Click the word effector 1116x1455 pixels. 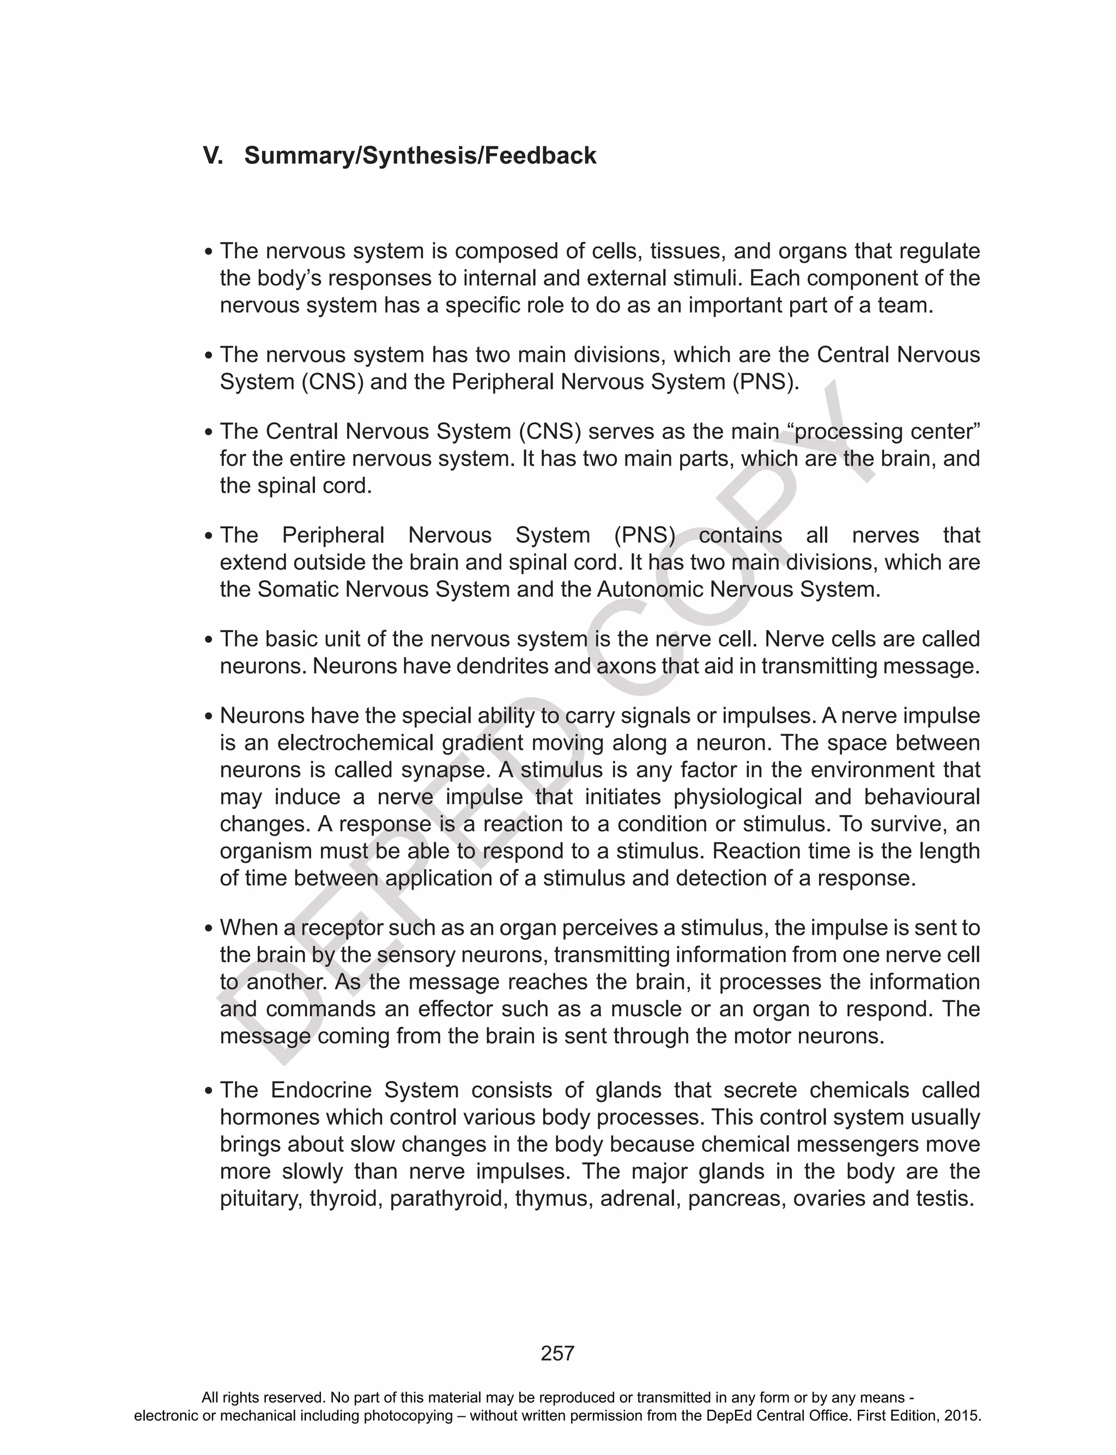(x=454, y=1009)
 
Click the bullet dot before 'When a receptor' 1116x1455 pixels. (x=209, y=929)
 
